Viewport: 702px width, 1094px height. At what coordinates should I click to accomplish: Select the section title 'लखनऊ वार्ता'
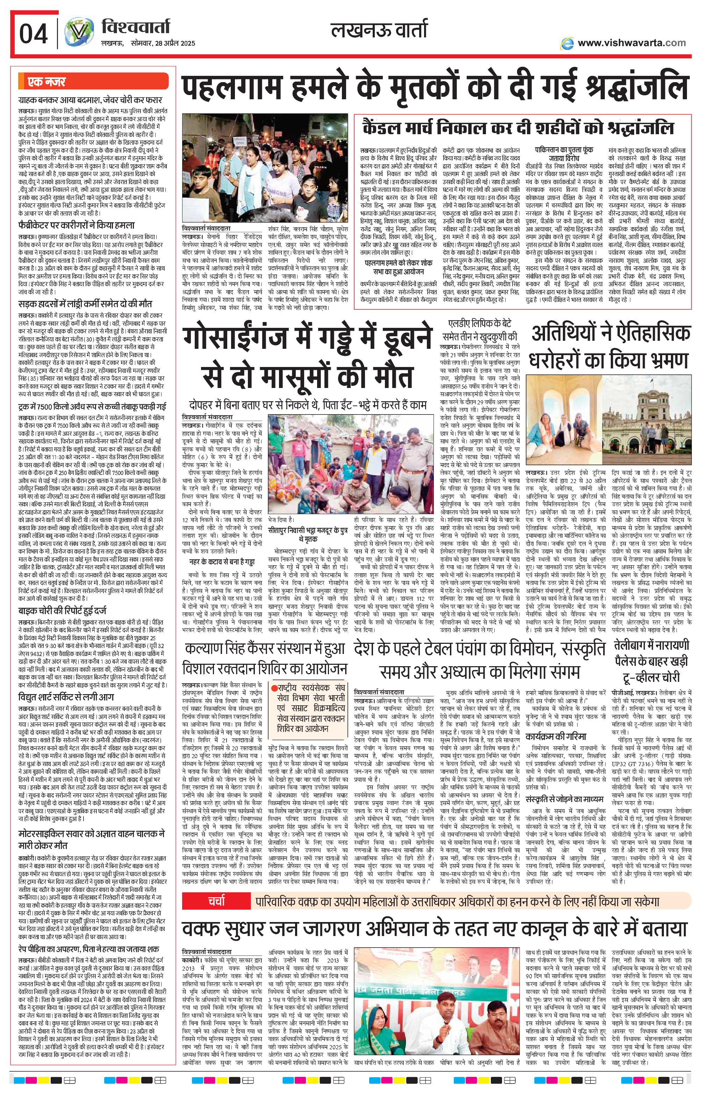[x=379, y=31]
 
